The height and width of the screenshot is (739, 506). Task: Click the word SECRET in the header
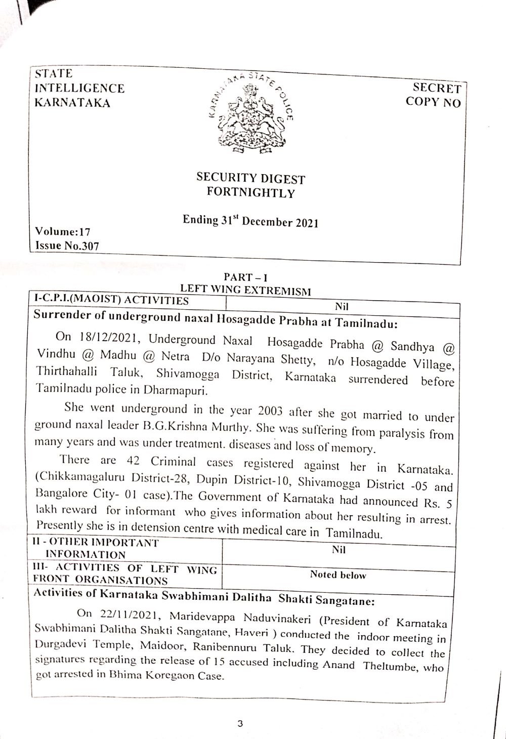tap(437, 89)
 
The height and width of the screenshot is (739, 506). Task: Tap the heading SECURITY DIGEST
tap(250, 178)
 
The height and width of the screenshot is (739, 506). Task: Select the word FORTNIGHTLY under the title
tap(250, 192)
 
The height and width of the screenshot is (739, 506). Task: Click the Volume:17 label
tap(63, 232)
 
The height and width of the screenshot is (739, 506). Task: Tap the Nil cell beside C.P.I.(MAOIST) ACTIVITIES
tap(342, 306)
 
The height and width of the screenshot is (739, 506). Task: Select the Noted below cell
tap(338, 574)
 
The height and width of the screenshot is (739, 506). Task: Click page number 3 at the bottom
tap(240, 724)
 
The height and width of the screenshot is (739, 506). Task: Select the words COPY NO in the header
tap(433, 102)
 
